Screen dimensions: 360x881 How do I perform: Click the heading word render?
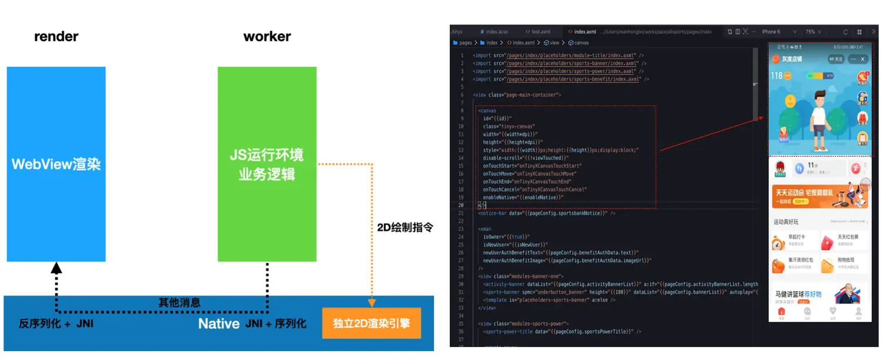click(x=56, y=36)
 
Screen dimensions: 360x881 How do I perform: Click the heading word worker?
click(x=267, y=36)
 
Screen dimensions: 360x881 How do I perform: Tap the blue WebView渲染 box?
click(x=56, y=164)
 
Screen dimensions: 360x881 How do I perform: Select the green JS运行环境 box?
click(x=267, y=164)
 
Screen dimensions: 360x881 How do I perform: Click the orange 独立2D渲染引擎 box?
click(x=371, y=324)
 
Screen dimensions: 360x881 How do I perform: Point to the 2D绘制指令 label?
click(x=405, y=227)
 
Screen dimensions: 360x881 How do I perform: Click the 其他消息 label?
click(x=179, y=302)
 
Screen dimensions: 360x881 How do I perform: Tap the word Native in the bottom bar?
click(x=218, y=324)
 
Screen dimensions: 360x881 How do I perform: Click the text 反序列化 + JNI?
click(x=56, y=324)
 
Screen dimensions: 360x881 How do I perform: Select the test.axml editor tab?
click(x=540, y=32)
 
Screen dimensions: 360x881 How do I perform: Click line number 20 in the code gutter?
click(x=461, y=206)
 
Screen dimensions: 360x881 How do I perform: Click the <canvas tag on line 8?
click(x=487, y=110)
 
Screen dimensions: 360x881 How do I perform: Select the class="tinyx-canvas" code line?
click(x=509, y=126)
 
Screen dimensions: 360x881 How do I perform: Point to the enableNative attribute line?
click(x=523, y=198)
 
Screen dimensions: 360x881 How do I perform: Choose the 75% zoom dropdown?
click(x=813, y=32)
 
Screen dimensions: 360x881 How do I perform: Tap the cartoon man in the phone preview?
click(x=819, y=115)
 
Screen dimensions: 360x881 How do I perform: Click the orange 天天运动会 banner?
click(x=821, y=196)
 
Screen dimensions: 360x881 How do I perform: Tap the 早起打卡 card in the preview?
click(x=793, y=240)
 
